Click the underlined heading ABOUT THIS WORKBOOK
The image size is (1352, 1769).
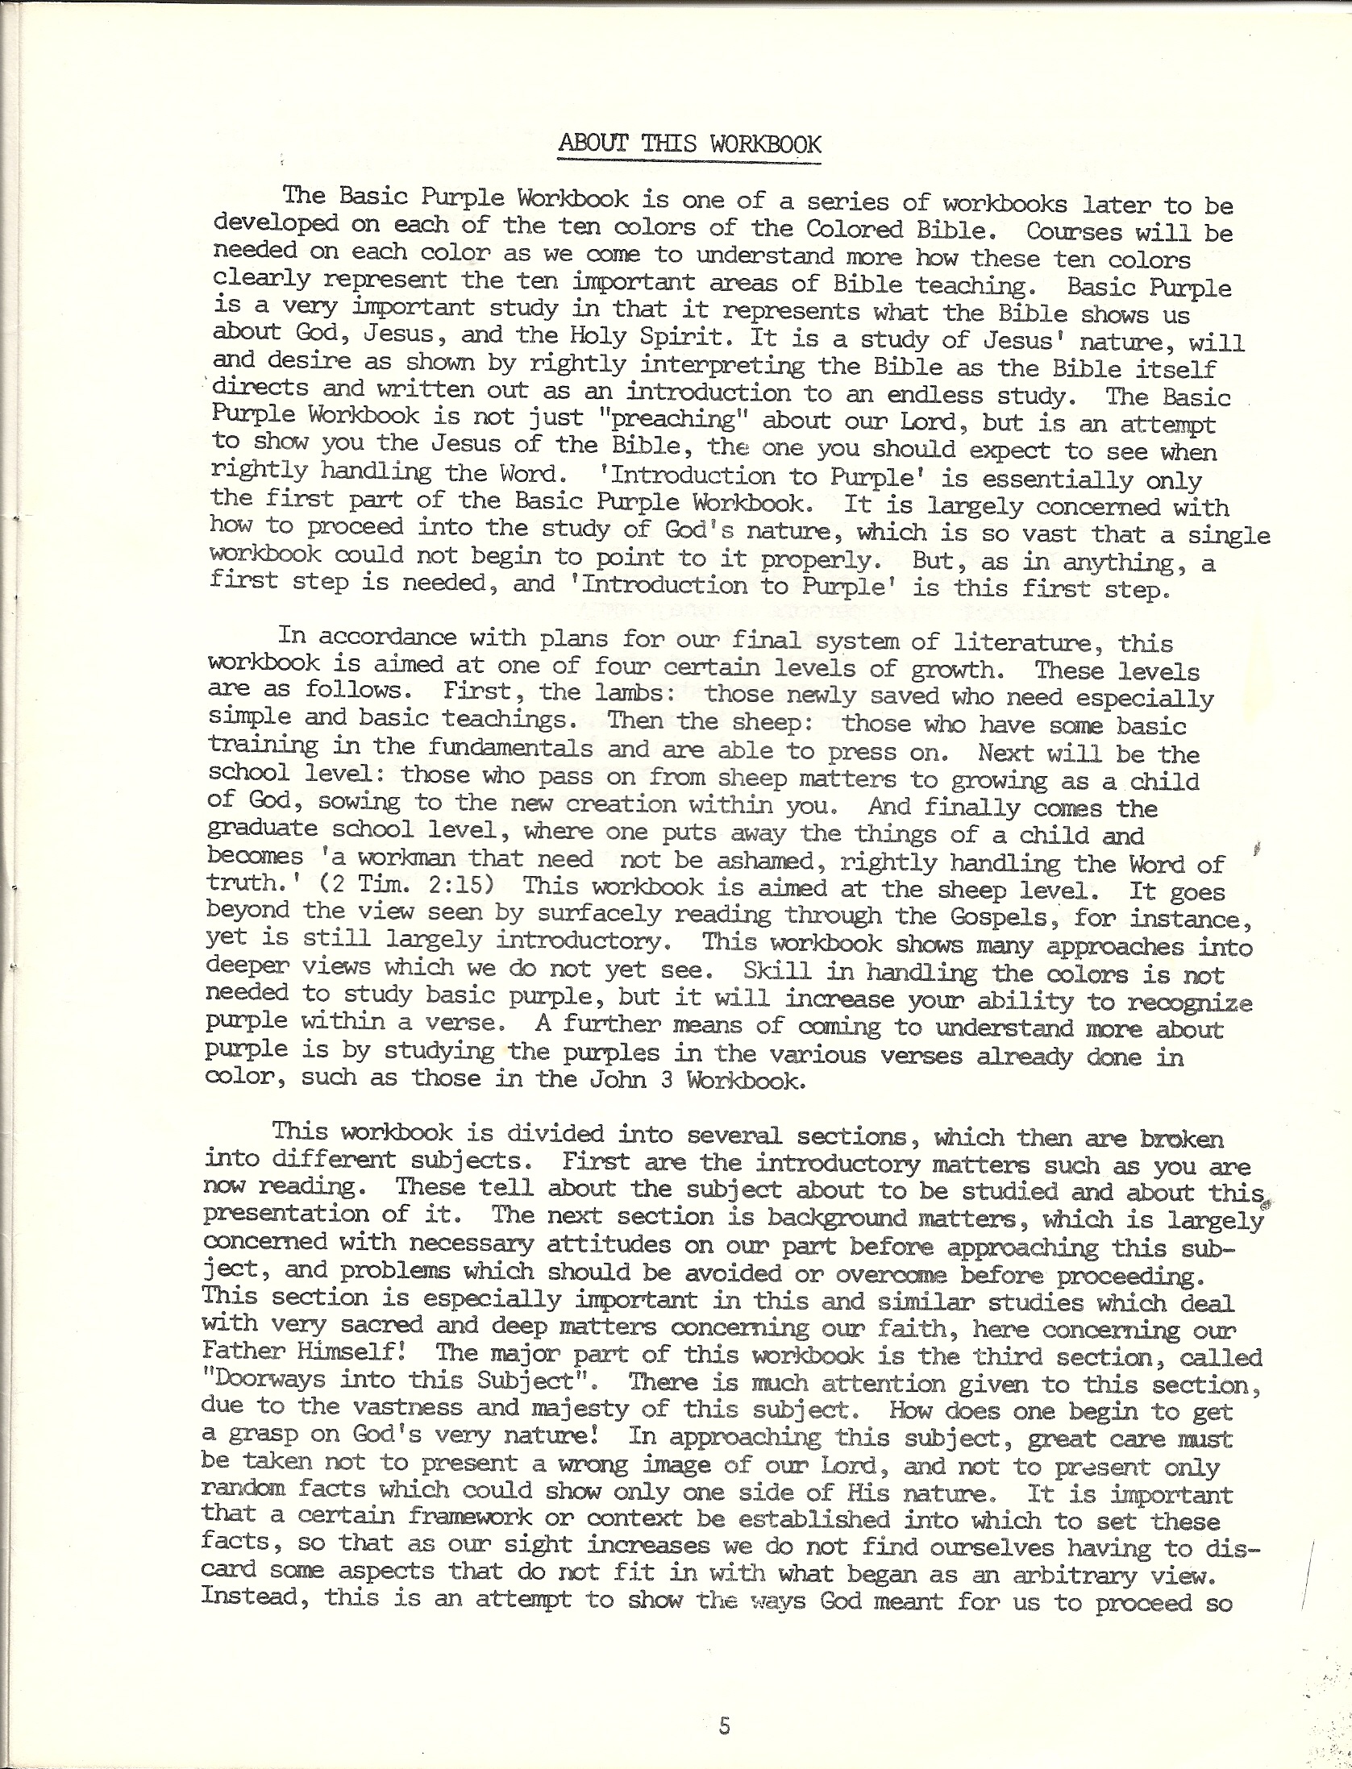[x=689, y=145]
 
